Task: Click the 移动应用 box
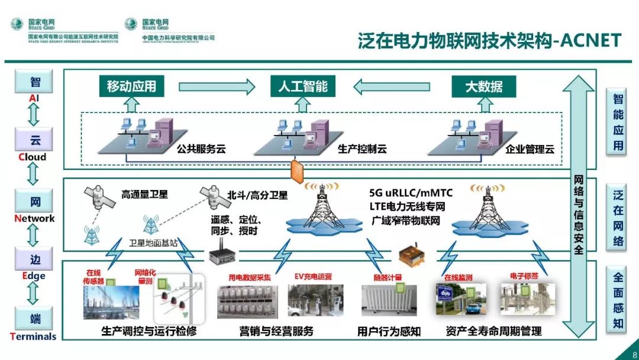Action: [x=131, y=86]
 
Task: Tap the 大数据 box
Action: [x=483, y=86]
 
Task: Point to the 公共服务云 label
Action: [x=201, y=149]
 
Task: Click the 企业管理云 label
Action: [x=530, y=149]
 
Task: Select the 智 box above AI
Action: [x=35, y=82]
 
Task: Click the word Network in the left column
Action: [x=34, y=218]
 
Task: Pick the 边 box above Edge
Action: [x=35, y=260]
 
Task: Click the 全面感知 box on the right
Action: [x=618, y=300]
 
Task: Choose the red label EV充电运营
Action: [x=313, y=277]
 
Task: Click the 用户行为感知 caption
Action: [x=389, y=331]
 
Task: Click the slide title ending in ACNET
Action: [x=489, y=41]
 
